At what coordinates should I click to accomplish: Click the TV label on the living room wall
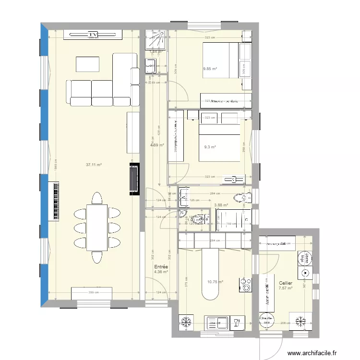tap(93, 35)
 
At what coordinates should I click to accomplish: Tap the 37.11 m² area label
tap(94, 165)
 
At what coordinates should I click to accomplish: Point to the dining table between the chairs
tap(97, 228)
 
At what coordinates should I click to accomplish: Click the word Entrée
tap(160, 267)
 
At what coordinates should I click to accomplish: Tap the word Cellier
tap(286, 283)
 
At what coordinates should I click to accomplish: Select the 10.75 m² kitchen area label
tap(215, 282)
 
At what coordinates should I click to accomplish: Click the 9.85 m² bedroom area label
tap(210, 69)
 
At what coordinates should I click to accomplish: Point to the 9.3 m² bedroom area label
tap(210, 147)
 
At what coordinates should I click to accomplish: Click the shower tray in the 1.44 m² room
tap(156, 40)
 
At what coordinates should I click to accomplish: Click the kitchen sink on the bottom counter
tap(216, 323)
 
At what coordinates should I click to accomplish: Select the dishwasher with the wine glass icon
tap(237, 323)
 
